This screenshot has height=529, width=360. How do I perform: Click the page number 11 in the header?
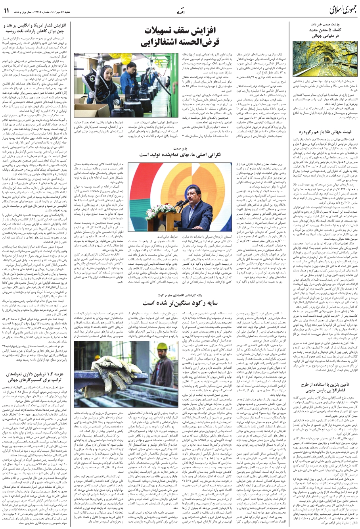(x=6, y=11)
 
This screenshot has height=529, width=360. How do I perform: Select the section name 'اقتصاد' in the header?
(x=179, y=12)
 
